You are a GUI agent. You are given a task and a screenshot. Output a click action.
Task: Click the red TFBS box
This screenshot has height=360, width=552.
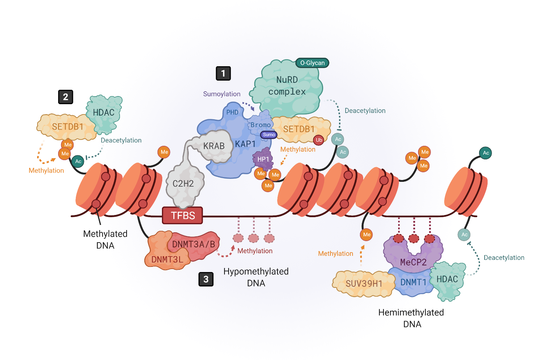click(183, 215)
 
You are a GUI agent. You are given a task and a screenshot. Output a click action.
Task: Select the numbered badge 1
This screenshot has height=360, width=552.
click(223, 73)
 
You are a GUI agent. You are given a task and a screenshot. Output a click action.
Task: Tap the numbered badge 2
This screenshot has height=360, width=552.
click(66, 97)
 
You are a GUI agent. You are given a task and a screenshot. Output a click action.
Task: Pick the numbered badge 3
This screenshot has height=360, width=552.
click(206, 279)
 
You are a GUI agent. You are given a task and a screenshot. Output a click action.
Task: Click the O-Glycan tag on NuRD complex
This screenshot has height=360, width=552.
click(312, 63)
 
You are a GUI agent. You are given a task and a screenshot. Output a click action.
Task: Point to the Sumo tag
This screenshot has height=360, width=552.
click(269, 135)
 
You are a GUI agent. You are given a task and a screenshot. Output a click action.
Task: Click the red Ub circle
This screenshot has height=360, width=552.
click(319, 140)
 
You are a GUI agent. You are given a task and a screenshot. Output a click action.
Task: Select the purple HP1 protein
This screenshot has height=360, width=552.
click(263, 159)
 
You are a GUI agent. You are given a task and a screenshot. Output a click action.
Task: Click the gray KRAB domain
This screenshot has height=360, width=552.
click(214, 146)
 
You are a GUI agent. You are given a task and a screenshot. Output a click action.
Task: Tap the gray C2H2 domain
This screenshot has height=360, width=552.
click(183, 184)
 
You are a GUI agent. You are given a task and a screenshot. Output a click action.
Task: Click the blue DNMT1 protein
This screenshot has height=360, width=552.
click(413, 283)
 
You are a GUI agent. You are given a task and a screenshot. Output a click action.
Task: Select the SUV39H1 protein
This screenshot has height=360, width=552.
click(364, 284)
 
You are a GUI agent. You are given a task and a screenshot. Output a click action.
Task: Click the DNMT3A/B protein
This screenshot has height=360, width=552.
click(194, 244)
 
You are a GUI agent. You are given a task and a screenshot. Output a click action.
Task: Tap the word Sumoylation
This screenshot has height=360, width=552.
click(222, 94)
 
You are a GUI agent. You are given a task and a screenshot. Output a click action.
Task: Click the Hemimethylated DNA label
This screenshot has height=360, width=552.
click(411, 318)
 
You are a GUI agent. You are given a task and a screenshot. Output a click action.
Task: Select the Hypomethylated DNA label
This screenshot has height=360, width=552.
click(256, 277)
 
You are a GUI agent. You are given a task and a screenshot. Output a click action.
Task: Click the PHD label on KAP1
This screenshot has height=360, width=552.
click(232, 112)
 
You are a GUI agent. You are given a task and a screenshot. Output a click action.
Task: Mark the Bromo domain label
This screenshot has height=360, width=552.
click(261, 125)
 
